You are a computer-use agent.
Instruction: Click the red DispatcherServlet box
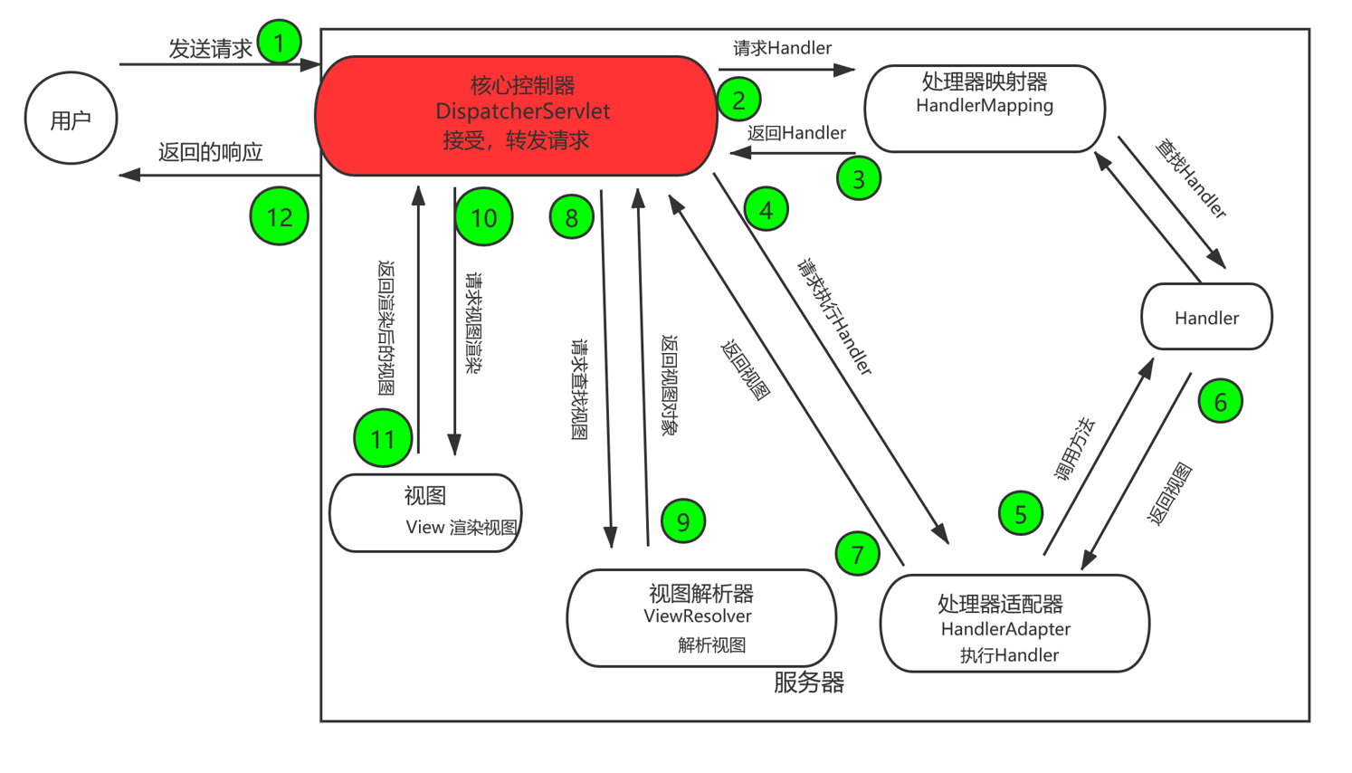(516, 115)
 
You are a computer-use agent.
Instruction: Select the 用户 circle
(71, 119)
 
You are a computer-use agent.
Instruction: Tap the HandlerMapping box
(984, 109)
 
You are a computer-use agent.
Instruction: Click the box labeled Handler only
(1206, 317)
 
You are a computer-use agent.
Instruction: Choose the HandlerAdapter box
(1014, 624)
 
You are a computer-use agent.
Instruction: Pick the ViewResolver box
(700, 618)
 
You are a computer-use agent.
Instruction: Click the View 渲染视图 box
(425, 513)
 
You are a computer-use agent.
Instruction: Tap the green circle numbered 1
(279, 42)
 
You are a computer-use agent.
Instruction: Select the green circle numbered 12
(279, 217)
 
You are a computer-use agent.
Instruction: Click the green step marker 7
(857, 554)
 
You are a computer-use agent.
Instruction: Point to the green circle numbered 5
(1020, 514)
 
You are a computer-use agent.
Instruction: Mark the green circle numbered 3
(858, 178)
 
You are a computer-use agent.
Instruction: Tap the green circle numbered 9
(682, 521)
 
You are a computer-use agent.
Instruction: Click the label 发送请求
(210, 49)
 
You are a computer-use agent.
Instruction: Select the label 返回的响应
(210, 152)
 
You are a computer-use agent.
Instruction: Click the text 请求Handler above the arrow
(782, 48)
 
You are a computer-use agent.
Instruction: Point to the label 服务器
(808, 682)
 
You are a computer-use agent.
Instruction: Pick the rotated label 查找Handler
(1191, 179)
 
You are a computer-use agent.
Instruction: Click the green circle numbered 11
(383, 439)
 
